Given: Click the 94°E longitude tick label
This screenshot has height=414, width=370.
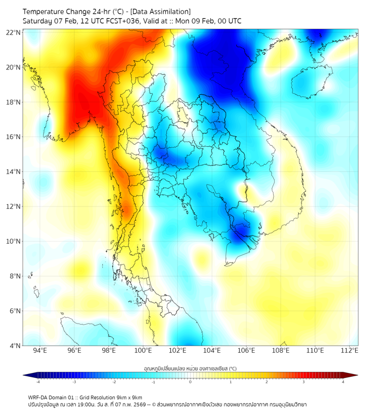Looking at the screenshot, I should pyautogui.click(x=40, y=350).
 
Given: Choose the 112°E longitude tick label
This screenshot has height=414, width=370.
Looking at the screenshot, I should pyautogui.click(x=350, y=350).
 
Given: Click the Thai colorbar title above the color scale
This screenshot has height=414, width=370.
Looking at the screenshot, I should pyautogui.click(x=190, y=368).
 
